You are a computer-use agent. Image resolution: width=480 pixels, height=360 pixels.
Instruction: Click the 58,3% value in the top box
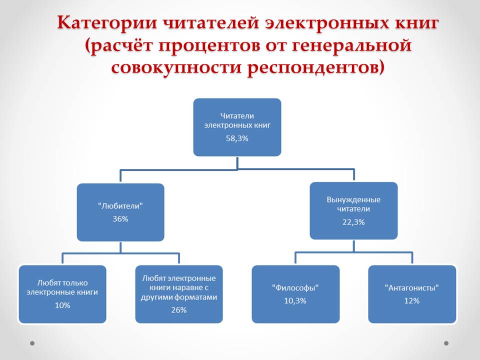coord(237,139)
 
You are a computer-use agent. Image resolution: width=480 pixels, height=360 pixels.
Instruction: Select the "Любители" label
coord(120,205)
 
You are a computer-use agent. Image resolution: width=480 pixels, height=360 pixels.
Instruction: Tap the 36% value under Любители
coord(120,218)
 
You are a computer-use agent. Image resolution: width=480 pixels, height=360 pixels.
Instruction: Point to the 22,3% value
coord(353,222)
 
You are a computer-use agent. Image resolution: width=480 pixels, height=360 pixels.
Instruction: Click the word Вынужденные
coord(353,199)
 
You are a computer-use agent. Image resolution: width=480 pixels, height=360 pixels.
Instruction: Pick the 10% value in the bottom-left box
coord(62,305)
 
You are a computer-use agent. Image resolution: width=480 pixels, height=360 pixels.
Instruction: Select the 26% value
coord(178,310)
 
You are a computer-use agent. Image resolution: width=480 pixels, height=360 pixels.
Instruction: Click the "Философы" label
coord(295,287)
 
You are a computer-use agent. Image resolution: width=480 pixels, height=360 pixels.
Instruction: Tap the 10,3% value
coord(295,301)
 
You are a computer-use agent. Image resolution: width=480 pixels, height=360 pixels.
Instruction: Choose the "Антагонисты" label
coord(412,287)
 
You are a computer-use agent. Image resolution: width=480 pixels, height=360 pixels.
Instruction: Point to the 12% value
coord(412,301)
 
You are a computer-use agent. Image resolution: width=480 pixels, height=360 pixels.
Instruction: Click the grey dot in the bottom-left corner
coord(32,343)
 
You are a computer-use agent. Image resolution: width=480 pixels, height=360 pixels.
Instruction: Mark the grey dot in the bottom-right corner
coord(446,343)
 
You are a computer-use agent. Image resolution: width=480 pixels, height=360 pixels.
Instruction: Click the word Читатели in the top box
coord(237,115)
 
